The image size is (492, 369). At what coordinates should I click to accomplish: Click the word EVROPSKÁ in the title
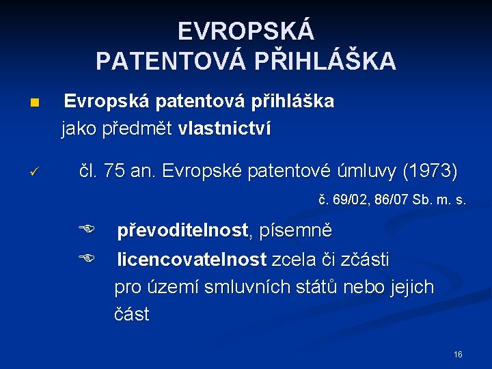[x=246, y=31]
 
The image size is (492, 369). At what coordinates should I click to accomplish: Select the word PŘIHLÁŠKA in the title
[x=325, y=61]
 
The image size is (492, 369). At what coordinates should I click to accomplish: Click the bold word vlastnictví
[x=224, y=128]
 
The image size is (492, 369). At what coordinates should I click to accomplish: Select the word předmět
[x=141, y=128]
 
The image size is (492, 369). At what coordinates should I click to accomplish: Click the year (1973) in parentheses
[x=430, y=172]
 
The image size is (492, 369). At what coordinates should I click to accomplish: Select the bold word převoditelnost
[x=182, y=230]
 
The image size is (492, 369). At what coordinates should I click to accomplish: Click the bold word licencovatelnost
[x=191, y=259]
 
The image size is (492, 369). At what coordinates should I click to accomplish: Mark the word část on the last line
[x=131, y=315]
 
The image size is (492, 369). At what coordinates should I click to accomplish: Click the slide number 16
[x=458, y=355]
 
